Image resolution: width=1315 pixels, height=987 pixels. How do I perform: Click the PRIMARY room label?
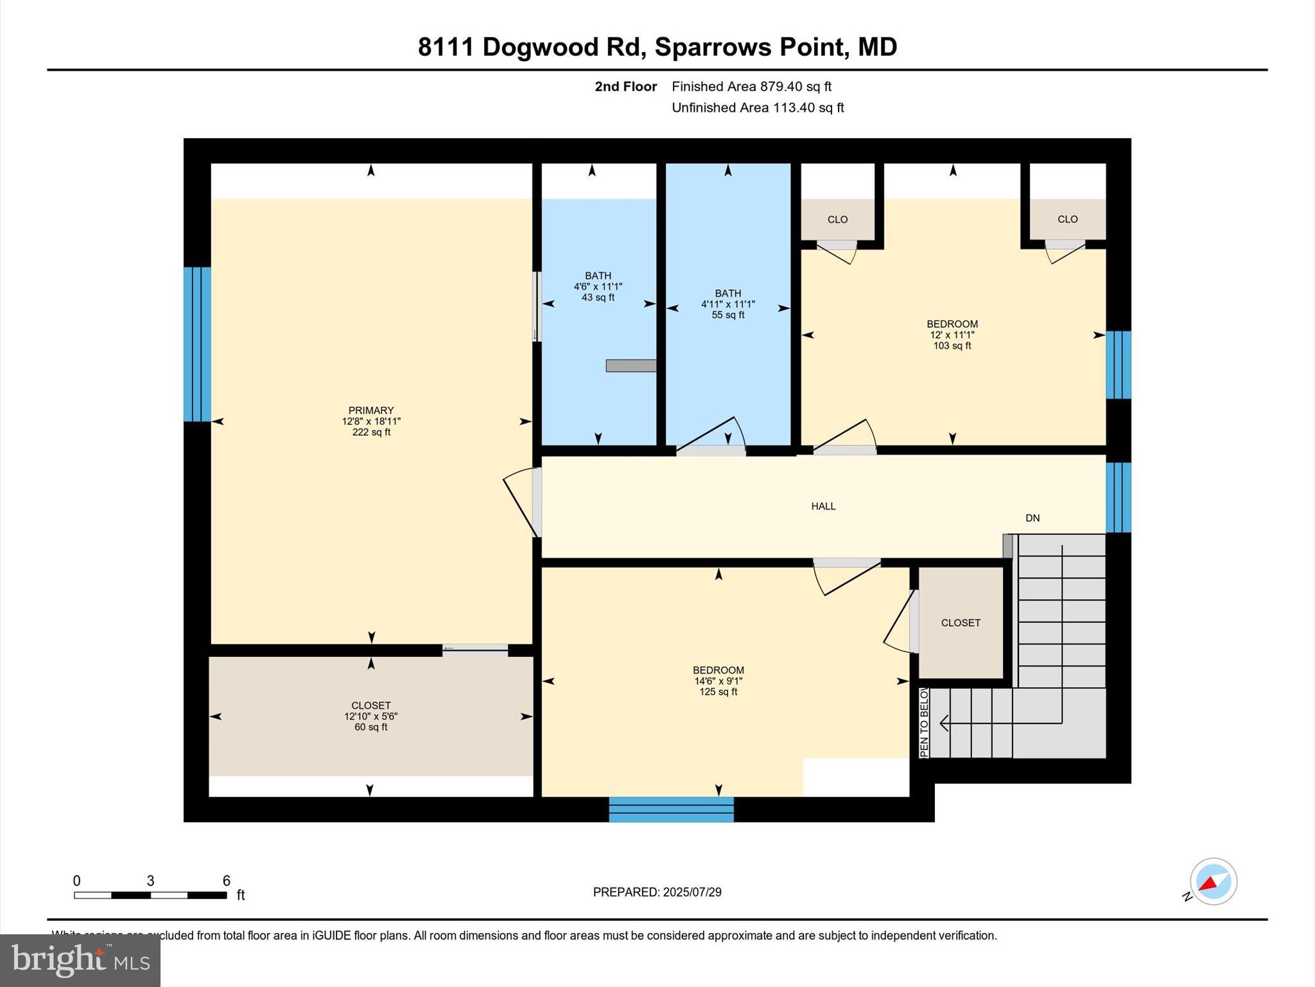[x=370, y=410]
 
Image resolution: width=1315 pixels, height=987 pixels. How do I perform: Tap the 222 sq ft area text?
[x=370, y=432]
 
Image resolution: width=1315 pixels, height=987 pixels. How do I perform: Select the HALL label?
[x=823, y=506]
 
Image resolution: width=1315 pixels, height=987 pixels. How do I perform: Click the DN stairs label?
[x=1032, y=518]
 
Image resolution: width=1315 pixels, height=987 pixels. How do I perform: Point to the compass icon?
[x=1213, y=882]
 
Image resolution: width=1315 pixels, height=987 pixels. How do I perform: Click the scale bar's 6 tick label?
[x=226, y=881]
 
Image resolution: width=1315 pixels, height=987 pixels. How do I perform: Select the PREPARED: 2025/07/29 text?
[x=657, y=892]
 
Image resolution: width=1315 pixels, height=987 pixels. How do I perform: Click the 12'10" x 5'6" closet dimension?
[x=370, y=716]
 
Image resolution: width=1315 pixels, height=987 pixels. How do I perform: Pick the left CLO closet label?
[x=837, y=220]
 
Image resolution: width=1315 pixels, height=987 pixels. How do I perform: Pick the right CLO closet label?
[x=1067, y=219]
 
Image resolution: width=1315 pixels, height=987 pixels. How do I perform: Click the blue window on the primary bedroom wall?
[x=197, y=344]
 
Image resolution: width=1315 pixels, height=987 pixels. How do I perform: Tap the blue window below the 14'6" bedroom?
[x=671, y=810]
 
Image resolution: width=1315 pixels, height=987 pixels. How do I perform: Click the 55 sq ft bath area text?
[x=727, y=315]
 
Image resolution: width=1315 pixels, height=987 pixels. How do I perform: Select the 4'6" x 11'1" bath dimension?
[x=598, y=287]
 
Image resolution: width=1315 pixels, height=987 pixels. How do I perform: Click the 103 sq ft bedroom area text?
[x=952, y=346]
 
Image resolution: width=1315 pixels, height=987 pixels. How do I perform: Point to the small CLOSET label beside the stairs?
[x=961, y=623]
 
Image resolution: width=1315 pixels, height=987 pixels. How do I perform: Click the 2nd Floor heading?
[x=625, y=87]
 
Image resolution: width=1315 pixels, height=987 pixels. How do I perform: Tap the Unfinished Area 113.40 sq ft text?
[x=758, y=108]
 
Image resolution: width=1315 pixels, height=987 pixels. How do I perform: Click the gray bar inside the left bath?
[x=631, y=366]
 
